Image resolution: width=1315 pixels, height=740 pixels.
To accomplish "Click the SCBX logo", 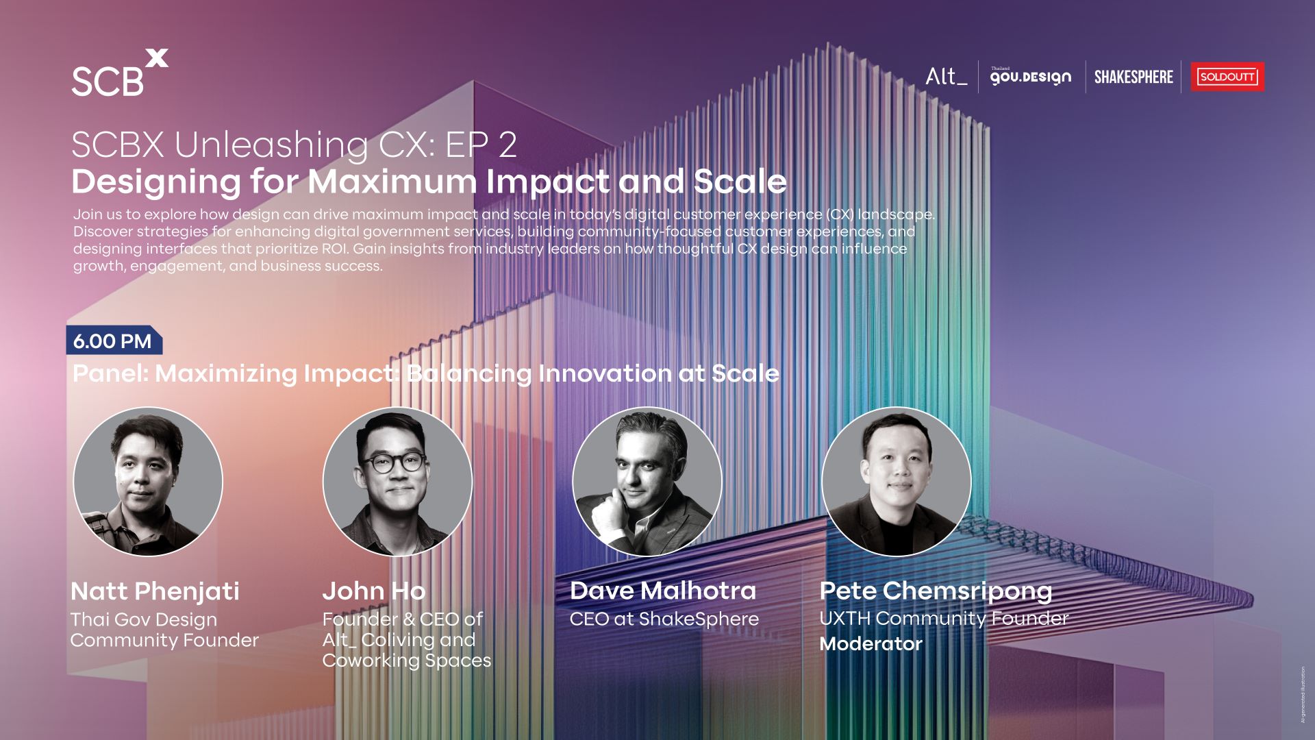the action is click(120, 73).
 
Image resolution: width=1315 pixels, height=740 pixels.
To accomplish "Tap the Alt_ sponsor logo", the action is click(946, 76).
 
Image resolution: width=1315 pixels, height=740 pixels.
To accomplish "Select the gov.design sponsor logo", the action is click(1031, 76).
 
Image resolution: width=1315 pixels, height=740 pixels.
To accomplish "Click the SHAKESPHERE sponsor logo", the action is click(1134, 77).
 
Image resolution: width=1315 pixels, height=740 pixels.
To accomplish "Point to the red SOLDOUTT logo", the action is click(1227, 77).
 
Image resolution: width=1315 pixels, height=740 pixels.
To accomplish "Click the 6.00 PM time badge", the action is click(114, 341).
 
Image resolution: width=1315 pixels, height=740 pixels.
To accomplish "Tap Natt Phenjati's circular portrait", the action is click(148, 482).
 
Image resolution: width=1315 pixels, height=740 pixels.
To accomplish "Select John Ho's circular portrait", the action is click(397, 482).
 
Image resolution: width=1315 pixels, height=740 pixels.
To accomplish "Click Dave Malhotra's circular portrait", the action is click(647, 482).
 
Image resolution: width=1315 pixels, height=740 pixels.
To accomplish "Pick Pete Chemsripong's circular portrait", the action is click(897, 482).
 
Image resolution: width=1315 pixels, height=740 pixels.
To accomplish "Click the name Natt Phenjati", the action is click(155, 591).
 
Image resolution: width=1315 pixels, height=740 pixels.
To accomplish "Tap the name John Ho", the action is click(374, 591).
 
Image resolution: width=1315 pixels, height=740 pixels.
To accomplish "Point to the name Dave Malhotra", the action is click(663, 591).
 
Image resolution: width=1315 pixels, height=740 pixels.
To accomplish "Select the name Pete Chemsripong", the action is click(936, 591).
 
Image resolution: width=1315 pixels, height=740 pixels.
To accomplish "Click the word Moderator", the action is click(871, 643).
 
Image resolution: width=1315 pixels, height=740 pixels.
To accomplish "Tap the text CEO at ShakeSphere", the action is click(664, 619).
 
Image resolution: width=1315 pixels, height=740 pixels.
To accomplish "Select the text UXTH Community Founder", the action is click(944, 619).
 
